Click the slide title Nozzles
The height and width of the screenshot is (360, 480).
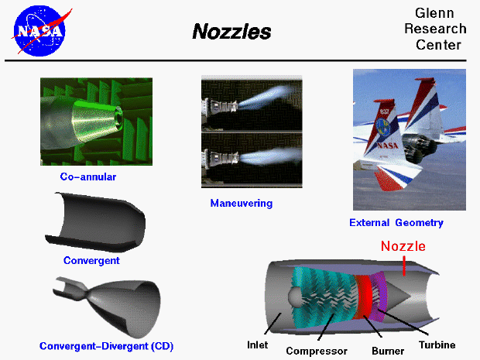[x=231, y=33]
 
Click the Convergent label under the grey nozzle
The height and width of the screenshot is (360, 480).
[x=91, y=261]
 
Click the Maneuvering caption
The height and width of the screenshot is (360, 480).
[x=242, y=204]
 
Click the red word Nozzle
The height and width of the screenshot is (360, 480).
[x=403, y=248]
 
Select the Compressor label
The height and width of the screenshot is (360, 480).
[x=316, y=351]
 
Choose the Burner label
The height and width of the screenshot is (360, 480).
[x=387, y=351]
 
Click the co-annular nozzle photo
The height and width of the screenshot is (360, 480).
[x=96, y=121]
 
